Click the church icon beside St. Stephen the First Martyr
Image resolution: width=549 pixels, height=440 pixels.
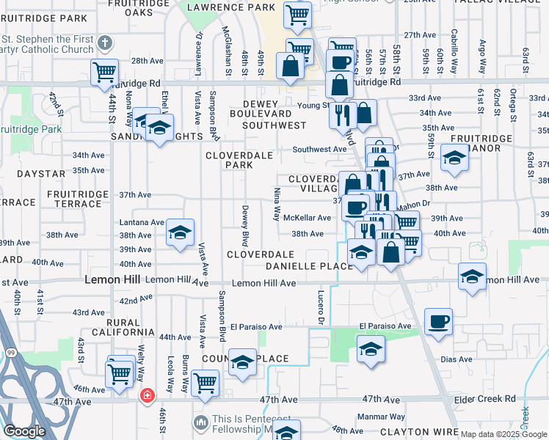106,43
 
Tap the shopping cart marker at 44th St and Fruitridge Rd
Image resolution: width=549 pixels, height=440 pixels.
105,72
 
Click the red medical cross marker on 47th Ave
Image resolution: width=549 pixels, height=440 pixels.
147,396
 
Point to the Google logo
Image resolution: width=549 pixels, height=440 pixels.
24,431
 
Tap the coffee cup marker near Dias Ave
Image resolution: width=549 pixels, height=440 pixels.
438,321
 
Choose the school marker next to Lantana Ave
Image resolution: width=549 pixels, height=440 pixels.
180,232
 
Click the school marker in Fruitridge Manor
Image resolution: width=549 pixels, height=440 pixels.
454,158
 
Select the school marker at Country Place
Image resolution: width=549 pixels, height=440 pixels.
242,362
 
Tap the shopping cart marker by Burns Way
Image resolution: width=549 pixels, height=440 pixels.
205,381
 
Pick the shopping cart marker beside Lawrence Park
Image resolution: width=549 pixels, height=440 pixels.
297,14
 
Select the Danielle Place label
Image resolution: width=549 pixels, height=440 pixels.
309,265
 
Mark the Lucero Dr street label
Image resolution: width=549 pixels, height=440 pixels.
321,308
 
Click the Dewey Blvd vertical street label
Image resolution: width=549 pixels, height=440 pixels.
245,226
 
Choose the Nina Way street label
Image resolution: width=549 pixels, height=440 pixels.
277,205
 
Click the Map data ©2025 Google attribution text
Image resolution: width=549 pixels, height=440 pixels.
503,434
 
